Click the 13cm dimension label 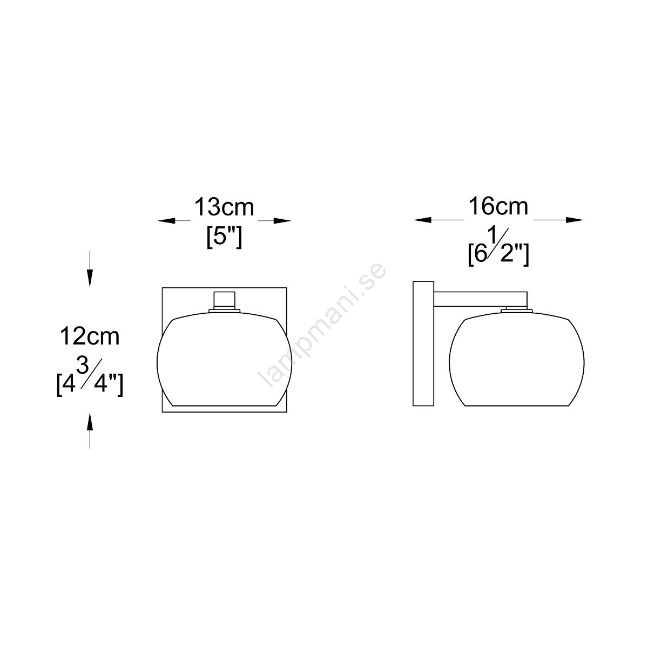pyautogui.click(x=224, y=207)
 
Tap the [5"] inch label pyautogui.click(x=224, y=238)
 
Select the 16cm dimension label pyautogui.click(x=498, y=206)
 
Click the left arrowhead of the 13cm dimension pyautogui.click(x=167, y=221)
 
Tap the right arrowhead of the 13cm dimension pyautogui.click(x=282, y=221)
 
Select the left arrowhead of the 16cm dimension pyautogui.click(x=422, y=220)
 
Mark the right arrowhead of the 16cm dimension pyautogui.click(x=575, y=220)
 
